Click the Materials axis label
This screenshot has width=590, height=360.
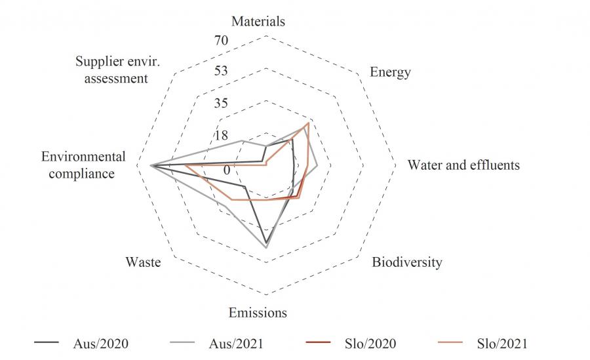[258, 21]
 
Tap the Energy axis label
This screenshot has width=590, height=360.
[390, 71]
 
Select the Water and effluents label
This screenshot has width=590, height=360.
[463, 165]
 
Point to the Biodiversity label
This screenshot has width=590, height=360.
[406, 262]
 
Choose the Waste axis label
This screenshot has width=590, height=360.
[143, 262]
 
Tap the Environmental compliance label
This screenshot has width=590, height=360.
[83, 165]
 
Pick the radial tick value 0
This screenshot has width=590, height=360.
[227, 170]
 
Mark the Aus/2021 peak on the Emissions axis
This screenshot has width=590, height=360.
[265, 249]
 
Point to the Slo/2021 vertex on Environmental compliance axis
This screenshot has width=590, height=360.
[186, 167]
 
